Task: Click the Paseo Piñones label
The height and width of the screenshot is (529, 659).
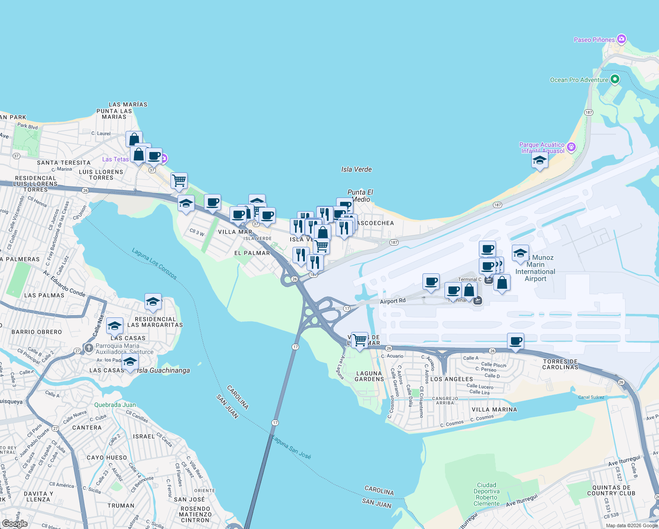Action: tap(594, 40)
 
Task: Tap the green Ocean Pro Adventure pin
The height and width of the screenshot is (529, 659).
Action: tap(615, 80)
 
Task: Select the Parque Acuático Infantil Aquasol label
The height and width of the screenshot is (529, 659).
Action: tap(542, 148)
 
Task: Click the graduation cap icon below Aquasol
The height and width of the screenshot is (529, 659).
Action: tap(540, 160)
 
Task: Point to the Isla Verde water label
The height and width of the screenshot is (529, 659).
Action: tap(356, 169)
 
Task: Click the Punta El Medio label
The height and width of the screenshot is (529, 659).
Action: tap(360, 196)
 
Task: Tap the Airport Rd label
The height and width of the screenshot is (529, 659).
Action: tap(392, 301)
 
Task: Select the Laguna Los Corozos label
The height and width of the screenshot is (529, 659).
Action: tap(154, 264)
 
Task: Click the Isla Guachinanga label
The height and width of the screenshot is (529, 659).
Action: tap(163, 370)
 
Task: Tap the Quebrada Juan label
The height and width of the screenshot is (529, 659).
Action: tap(115, 405)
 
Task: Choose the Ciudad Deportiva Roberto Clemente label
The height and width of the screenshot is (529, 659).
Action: tap(487, 494)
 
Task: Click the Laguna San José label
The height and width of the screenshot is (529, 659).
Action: tap(291, 447)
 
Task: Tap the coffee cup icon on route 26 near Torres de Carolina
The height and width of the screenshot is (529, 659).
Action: tap(515, 341)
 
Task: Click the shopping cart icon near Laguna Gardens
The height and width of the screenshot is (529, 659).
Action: tap(360, 340)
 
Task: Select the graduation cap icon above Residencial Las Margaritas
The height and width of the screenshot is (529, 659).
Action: tap(153, 302)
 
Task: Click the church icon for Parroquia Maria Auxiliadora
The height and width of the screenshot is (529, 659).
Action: tap(89, 348)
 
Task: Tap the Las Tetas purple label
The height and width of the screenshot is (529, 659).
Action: tap(115, 159)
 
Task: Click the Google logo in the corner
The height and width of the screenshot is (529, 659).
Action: tap(15, 523)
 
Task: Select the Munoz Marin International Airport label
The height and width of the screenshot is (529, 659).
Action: tap(536, 268)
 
